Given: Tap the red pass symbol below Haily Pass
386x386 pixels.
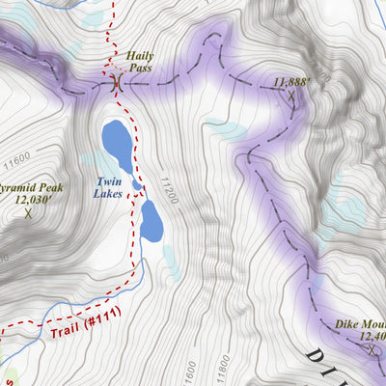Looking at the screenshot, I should pos(116,83).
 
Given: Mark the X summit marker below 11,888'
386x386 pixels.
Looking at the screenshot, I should pos(290,96).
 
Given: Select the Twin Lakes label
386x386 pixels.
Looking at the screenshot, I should pos(108,187).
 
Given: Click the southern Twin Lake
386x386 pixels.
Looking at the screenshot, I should pos(152,220).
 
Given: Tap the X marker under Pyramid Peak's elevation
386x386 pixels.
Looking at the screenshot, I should pos(28,213).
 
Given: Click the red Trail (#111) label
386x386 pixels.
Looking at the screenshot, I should pos(77,332).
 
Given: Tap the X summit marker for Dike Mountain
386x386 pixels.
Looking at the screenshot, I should pos(372,349).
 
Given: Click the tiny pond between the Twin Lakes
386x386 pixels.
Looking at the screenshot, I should pos(138,185).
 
